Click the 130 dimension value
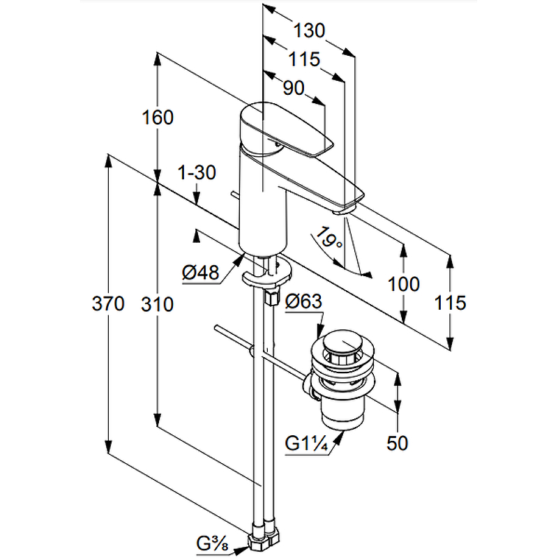[309, 31]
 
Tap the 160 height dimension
[158, 118]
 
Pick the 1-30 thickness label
[197, 172]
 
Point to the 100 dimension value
[404, 284]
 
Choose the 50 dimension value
[398, 442]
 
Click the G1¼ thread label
[308, 443]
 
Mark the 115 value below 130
[304, 59]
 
